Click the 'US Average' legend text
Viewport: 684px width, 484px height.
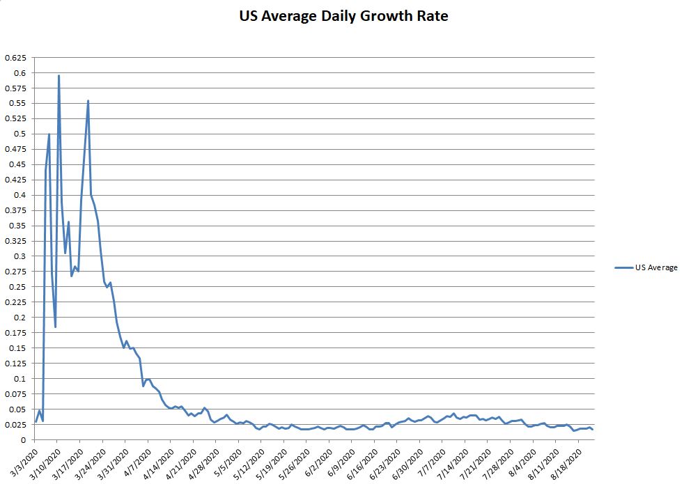(655, 267)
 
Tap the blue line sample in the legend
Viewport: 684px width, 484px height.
(624, 267)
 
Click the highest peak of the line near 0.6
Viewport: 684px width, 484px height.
(59, 75)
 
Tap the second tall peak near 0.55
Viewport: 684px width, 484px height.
(88, 100)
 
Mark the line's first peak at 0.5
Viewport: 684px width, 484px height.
(49, 134)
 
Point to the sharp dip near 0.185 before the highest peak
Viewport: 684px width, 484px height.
(55, 327)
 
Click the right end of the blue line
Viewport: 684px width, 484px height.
(593, 430)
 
